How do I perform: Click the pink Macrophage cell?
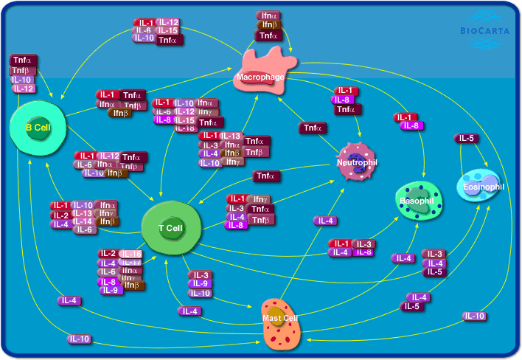[262, 71]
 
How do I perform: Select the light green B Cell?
[38, 128]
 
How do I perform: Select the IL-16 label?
[130, 254]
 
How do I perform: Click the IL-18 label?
[185, 128]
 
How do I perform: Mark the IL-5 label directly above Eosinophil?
[466, 138]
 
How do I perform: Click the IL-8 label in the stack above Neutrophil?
[342, 100]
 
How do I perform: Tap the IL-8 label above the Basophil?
[411, 126]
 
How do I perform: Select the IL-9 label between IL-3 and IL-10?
[201, 283]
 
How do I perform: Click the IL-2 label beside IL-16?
[108, 254]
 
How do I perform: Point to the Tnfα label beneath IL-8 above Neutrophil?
[347, 109]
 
